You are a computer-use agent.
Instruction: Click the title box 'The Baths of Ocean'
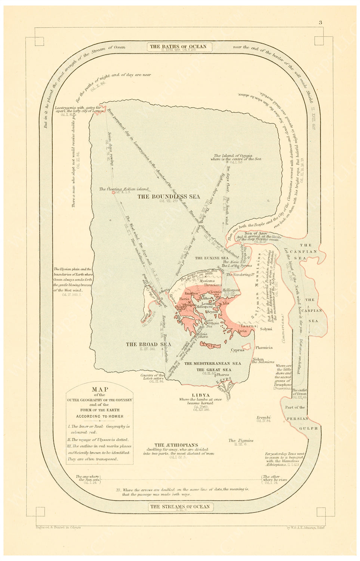click(178, 47)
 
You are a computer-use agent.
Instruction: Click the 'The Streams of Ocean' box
click(180, 507)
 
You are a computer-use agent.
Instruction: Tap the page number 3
click(320, 22)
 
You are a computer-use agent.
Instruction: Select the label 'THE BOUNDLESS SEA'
click(169, 196)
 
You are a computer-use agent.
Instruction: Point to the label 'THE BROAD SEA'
click(148, 344)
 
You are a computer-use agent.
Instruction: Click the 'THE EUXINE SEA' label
click(212, 258)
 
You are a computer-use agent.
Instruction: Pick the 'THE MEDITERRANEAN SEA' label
click(213, 363)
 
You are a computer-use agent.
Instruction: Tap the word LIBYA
click(201, 395)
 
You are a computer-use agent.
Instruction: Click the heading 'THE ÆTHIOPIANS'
click(176, 445)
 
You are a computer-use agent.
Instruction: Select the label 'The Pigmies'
click(241, 441)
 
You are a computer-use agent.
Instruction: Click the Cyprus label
click(237, 350)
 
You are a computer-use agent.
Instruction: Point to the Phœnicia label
click(264, 347)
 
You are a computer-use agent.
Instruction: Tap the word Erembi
click(264, 417)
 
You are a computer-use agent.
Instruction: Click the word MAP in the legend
click(100, 389)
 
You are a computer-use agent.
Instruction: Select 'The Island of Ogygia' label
click(233, 156)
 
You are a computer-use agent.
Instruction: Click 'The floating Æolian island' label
click(124, 189)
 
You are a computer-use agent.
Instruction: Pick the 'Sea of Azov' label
click(256, 233)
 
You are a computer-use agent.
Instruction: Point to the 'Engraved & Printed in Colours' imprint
click(58, 527)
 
